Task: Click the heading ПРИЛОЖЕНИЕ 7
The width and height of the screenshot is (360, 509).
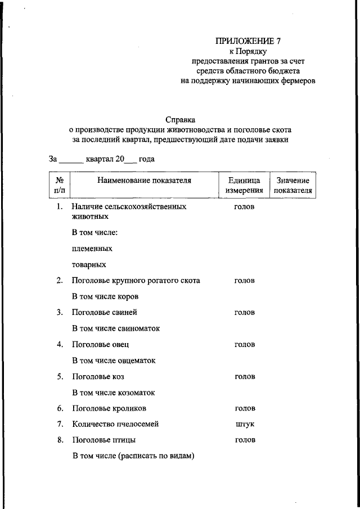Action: (x=247, y=41)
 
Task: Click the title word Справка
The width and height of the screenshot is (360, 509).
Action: (x=181, y=119)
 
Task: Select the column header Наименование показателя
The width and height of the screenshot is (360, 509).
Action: (x=144, y=181)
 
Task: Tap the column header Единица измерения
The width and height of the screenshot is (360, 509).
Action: (x=244, y=185)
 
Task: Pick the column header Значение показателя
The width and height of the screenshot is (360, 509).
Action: (x=292, y=185)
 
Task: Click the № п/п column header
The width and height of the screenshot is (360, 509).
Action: (x=60, y=185)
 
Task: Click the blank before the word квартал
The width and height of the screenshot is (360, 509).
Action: (x=71, y=160)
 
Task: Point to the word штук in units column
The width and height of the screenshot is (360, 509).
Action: (x=245, y=424)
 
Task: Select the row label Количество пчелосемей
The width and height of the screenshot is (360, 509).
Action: (x=116, y=424)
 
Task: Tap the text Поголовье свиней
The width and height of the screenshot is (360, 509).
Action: (x=105, y=312)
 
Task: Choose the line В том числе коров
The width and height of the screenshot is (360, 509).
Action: (x=105, y=296)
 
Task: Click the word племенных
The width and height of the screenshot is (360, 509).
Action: (x=92, y=248)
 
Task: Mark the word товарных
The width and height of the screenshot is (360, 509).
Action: (x=89, y=264)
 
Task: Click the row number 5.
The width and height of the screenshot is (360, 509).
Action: (x=60, y=376)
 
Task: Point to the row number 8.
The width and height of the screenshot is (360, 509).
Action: (x=60, y=440)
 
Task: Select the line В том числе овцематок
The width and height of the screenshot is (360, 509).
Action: (x=114, y=360)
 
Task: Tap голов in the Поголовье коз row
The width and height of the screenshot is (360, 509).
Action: (x=245, y=376)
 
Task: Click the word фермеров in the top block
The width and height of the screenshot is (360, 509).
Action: (x=298, y=81)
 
